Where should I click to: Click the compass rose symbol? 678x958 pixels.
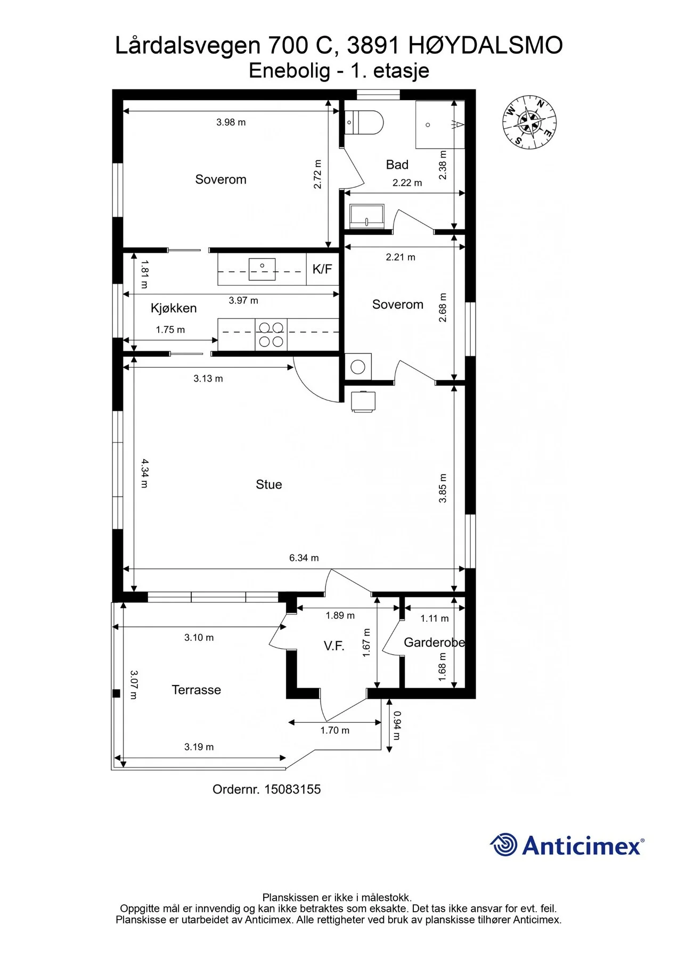click(529, 122)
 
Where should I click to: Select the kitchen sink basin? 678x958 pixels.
click(262, 269)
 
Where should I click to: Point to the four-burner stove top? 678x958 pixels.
click(271, 335)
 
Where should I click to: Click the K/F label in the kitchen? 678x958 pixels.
click(322, 269)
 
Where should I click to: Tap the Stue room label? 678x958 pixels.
click(269, 484)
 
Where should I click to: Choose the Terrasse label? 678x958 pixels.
click(196, 690)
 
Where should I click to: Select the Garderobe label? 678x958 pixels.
click(435, 642)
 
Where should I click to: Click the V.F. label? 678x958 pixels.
click(334, 646)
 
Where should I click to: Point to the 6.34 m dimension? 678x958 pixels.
click(304, 558)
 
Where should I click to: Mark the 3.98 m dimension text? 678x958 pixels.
click(231, 122)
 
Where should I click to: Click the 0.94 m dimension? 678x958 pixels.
click(397, 725)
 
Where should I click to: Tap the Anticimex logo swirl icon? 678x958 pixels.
click(503, 845)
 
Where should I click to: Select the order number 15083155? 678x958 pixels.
click(292, 789)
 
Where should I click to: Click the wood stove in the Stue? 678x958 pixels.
click(363, 402)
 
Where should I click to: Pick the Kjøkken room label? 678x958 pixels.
click(174, 308)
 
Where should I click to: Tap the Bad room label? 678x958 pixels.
click(397, 165)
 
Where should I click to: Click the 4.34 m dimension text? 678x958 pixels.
click(145, 474)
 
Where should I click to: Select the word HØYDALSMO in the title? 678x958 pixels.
click(486, 46)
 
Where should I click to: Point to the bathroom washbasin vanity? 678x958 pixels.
click(366, 216)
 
